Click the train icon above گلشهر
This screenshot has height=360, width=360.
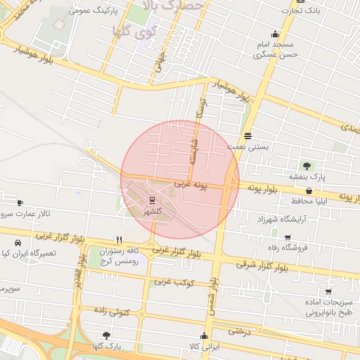[x=153, y=200]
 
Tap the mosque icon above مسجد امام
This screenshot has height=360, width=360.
[x=274, y=34]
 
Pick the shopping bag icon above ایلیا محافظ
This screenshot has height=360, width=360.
[x=309, y=191]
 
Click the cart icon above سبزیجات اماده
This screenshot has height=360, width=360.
[x=328, y=291]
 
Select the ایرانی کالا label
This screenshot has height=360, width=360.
[x=205, y=347]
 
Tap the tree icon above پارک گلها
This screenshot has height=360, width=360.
[x=106, y=335]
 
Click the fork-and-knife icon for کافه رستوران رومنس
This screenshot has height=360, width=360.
[x=120, y=239]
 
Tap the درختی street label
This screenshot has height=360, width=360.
[x=240, y=330]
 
